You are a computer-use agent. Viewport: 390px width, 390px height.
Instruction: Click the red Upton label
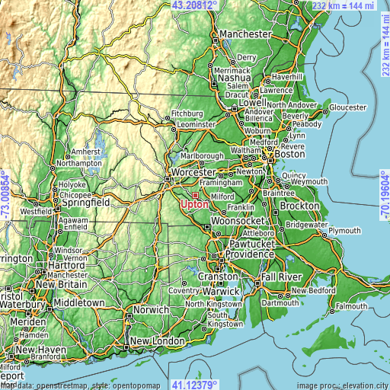tap(195, 205)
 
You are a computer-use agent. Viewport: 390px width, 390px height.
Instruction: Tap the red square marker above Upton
tap(195, 195)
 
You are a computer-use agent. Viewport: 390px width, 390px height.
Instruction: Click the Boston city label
tap(289, 154)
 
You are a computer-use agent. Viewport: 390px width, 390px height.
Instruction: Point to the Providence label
tap(248, 254)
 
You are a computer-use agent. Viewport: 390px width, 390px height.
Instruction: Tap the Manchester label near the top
tap(245, 35)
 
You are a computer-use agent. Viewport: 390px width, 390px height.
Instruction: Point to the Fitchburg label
tap(187, 113)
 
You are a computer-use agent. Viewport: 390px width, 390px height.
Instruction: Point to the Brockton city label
tap(299, 206)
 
